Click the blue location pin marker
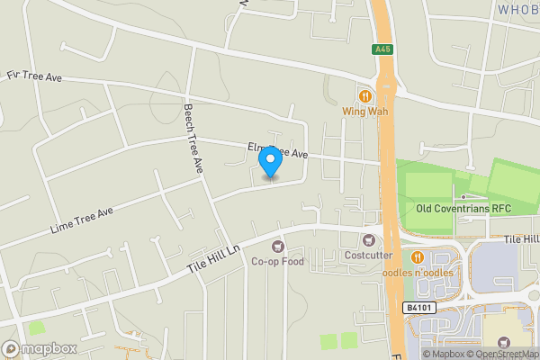pos(269,163)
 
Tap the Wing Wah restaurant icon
pos(365,95)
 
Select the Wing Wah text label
pos(365,112)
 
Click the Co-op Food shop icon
pos(278,246)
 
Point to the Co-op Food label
pos(278,262)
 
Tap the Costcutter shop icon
pos(368,240)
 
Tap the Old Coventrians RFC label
pos(463,209)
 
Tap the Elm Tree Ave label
pos(278,150)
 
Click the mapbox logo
pos(40,348)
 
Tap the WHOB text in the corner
pos(517,8)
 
